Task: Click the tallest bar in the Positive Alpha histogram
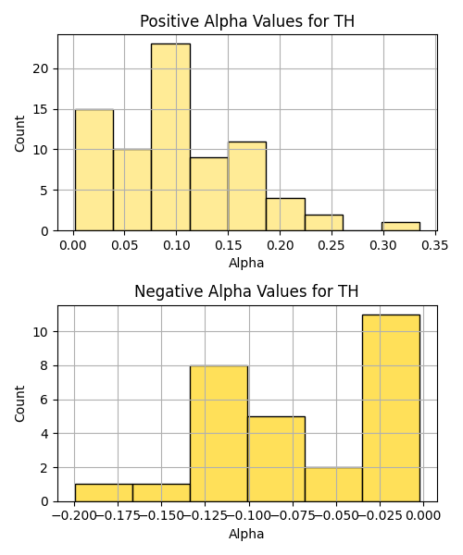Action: coord(170,137)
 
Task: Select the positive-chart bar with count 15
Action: coord(94,170)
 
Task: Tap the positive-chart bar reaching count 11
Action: coord(247,186)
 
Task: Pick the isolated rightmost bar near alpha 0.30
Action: coord(401,227)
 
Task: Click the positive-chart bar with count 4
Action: coord(285,215)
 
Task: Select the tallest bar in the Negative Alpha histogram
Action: coord(391,408)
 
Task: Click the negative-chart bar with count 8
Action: coord(219,434)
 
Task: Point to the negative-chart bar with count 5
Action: coord(276,459)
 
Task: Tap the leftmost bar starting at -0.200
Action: coord(104,493)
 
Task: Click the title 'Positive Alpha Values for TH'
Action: coord(247,21)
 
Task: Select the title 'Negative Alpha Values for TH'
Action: coord(246,291)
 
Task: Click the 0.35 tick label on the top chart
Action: coord(434,245)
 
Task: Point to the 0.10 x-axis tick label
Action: coord(177,245)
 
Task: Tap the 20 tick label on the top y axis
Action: coord(41,68)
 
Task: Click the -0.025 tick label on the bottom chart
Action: coord(380,516)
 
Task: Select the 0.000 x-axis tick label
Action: coord(424,516)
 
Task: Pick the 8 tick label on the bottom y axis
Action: coord(44,365)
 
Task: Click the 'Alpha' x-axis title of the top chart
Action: coord(246,263)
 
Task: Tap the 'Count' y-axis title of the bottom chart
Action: coord(19,403)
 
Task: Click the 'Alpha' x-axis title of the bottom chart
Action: coord(246,534)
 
